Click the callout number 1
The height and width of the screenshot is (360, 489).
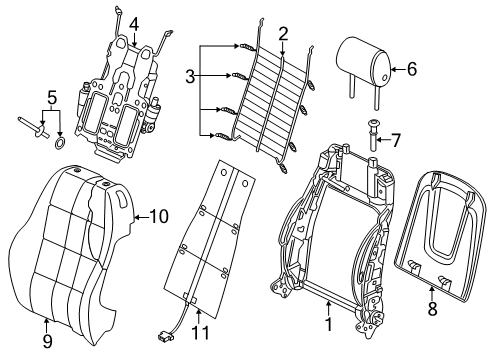[x=329, y=324]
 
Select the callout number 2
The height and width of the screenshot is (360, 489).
[x=283, y=34]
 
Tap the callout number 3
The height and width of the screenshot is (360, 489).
[x=190, y=77]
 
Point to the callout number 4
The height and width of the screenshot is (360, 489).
[x=134, y=24]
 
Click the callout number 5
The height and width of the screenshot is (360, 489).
[x=52, y=97]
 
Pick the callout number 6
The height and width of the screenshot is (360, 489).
[x=412, y=69]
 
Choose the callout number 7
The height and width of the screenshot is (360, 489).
[x=396, y=140]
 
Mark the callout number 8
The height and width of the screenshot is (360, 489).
[x=432, y=309]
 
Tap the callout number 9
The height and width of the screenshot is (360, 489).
[x=48, y=341]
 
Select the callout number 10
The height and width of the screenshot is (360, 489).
[x=159, y=217]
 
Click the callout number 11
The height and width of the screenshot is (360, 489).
[x=201, y=333]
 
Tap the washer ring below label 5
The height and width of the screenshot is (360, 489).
[x=60, y=143]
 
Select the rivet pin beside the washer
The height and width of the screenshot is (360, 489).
[x=34, y=127]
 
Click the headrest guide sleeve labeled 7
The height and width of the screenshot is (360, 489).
[x=373, y=135]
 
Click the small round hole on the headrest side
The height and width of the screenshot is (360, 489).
[x=384, y=78]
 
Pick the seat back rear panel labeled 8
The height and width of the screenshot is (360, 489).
[x=439, y=236]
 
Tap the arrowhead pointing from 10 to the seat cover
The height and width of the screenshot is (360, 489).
[x=136, y=218]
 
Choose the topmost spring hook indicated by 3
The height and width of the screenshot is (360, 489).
[x=247, y=47]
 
